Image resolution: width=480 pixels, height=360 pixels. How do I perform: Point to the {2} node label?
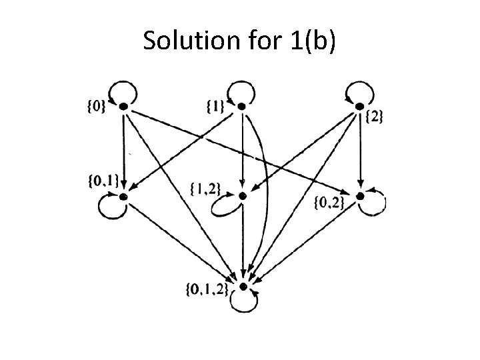375,117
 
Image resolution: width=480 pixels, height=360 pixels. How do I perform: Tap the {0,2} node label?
329,202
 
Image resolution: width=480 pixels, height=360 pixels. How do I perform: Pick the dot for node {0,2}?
360,196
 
